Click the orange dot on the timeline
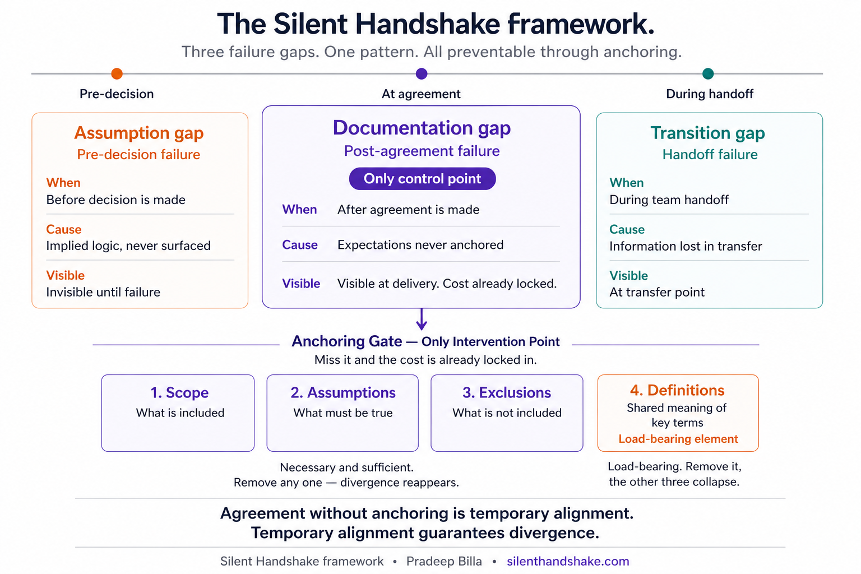tap(117, 73)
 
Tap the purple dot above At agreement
tap(422, 73)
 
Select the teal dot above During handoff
tap(708, 73)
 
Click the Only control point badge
tap(422, 179)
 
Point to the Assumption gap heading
tap(139, 133)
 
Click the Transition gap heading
tap(707, 133)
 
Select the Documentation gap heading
tap(422, 128)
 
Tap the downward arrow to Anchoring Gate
tap(422, 320)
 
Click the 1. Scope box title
tap(179, 392)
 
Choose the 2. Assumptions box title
tap(343, 392)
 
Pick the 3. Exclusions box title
tap(507, 392)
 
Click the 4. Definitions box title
tap(677, 390)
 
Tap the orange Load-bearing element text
tap(678, 439)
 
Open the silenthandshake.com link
tap(568, 561)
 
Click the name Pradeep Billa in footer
tap(444, 561)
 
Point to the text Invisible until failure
tap(103, 292)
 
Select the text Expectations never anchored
tap(420, 245)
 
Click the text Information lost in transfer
tap(686, 246)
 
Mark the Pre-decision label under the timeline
tap(117, 94)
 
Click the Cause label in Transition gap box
tap(627, 229)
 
